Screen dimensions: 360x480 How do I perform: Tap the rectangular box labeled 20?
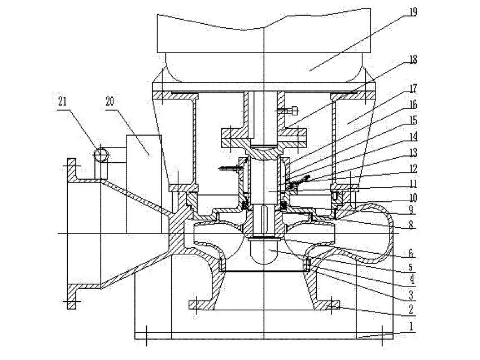coord(142,181)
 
